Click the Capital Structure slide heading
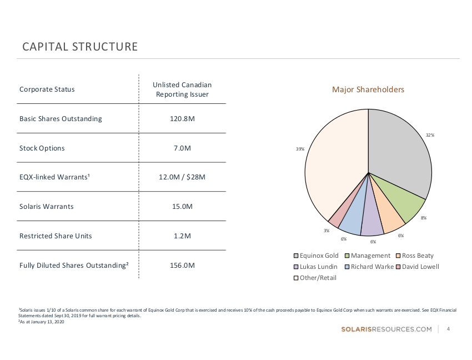click(x=80, y=47)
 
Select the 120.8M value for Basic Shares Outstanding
click(x=182, y=119)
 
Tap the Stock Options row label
click(x=42, y=148)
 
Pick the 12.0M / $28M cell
click(x=182, y=177)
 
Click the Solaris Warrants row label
click(x=47, y=207)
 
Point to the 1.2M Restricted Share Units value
click(x=182, y=236)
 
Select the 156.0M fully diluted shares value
click(x=182, y=266)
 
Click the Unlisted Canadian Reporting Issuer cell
click(x=182, y=89)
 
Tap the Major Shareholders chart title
click(x=368, y=89)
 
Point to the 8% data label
click(x=424, y=218)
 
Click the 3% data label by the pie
click(x=327, y=230)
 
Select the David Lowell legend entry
click(x=417, y=267)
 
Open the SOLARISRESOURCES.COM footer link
click(x=386, y=329)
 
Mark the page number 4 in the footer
click(x=448, y=329)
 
